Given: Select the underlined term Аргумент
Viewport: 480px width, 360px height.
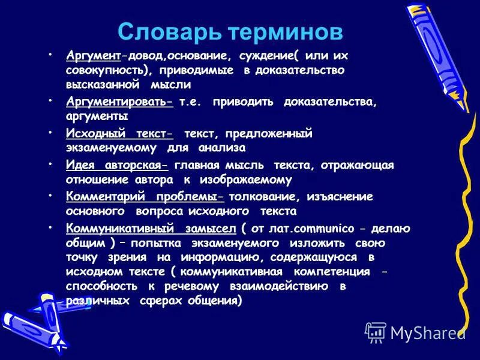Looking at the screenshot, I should point(93,56).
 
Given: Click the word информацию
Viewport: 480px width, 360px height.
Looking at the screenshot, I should point(220,257).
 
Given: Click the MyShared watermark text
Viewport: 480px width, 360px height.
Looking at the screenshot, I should point(427,332).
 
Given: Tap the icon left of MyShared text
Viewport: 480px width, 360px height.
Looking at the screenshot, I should point(375,332).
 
